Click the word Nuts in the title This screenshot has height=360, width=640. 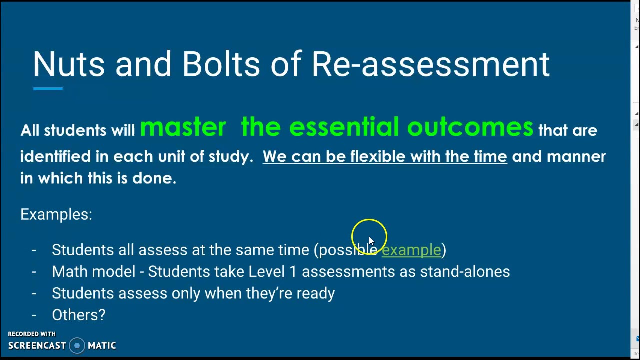coord(69,65)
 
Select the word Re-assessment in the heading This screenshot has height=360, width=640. coord(430,65)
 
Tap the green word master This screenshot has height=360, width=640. coord(183,128)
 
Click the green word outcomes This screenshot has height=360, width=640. coord(470,128)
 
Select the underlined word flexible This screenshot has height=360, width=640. coord(378,157)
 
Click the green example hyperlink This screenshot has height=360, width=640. coord(411,250)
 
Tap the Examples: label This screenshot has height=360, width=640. coord(56,215)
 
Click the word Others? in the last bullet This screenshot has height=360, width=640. coord(79,315)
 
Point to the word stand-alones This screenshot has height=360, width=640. coord(465,272)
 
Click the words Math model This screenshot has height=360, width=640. coord(93,272)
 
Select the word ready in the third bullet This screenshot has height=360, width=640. coord(315,294)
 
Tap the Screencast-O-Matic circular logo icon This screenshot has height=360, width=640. coord(77,346)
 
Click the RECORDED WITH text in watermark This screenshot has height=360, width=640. coord(32,334)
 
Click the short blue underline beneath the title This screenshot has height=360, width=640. coord(48,89)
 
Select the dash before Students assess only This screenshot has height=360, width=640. coord(34,293)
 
